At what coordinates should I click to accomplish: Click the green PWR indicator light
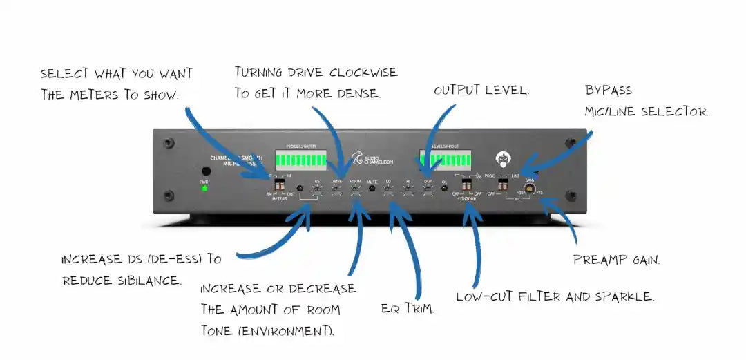click(204, 188)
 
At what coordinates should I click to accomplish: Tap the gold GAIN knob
click(530, 187)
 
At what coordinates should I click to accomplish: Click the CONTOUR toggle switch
click(467, 187)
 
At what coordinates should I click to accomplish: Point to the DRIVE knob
click(336, 189)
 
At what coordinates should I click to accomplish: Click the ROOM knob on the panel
click(356, 189)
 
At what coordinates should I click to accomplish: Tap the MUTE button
click(372, 188)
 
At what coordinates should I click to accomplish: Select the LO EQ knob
click(389, 189)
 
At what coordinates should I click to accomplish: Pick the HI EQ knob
click(408, 189)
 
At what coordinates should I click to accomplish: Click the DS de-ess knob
click(317, 189)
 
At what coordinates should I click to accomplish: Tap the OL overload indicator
click(444, 188)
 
